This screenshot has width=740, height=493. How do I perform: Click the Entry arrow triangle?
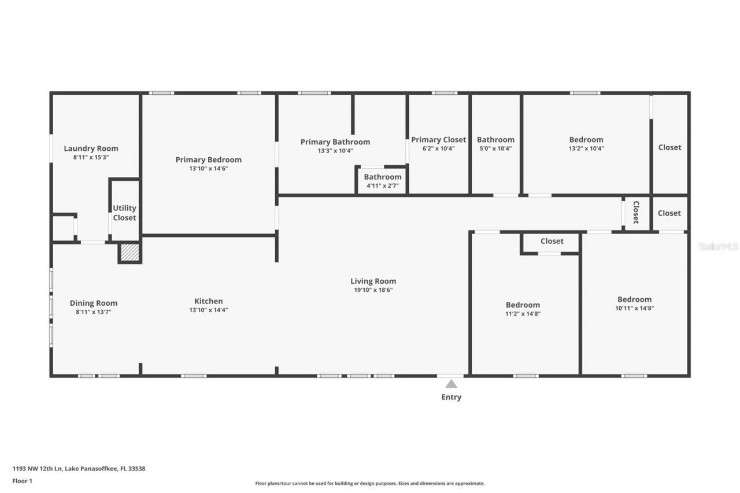coord(450,384)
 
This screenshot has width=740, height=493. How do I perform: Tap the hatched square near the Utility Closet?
coord(129,253)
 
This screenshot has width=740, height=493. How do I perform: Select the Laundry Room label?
coord(91,149)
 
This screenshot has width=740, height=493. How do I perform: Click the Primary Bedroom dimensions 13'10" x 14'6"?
coord(208,169)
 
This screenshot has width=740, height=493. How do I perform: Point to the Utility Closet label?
coord(124,213)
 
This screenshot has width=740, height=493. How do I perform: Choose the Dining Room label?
coord(93,303)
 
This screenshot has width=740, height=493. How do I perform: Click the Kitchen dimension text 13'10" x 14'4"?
coord(208,310)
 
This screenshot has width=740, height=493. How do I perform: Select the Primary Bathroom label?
coord(335,142)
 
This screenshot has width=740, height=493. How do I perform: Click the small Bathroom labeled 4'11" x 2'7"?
coord(382,180)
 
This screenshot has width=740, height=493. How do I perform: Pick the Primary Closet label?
coord(438,140)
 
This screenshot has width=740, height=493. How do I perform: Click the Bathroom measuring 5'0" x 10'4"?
coord(495,143)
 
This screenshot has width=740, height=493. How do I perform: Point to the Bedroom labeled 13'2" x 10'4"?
coord(586,143)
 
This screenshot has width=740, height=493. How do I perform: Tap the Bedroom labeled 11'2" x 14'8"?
coord(523,309)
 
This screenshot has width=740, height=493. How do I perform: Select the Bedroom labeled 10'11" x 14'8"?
coord(634,303)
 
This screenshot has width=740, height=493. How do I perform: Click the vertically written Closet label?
coord(635,212)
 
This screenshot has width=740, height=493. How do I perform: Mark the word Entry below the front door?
coord(451,397)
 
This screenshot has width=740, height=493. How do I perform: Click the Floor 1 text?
coord(22,480)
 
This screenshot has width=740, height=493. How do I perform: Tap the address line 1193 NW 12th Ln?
coord(79,469)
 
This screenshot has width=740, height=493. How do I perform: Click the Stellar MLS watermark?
coord(718,246)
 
